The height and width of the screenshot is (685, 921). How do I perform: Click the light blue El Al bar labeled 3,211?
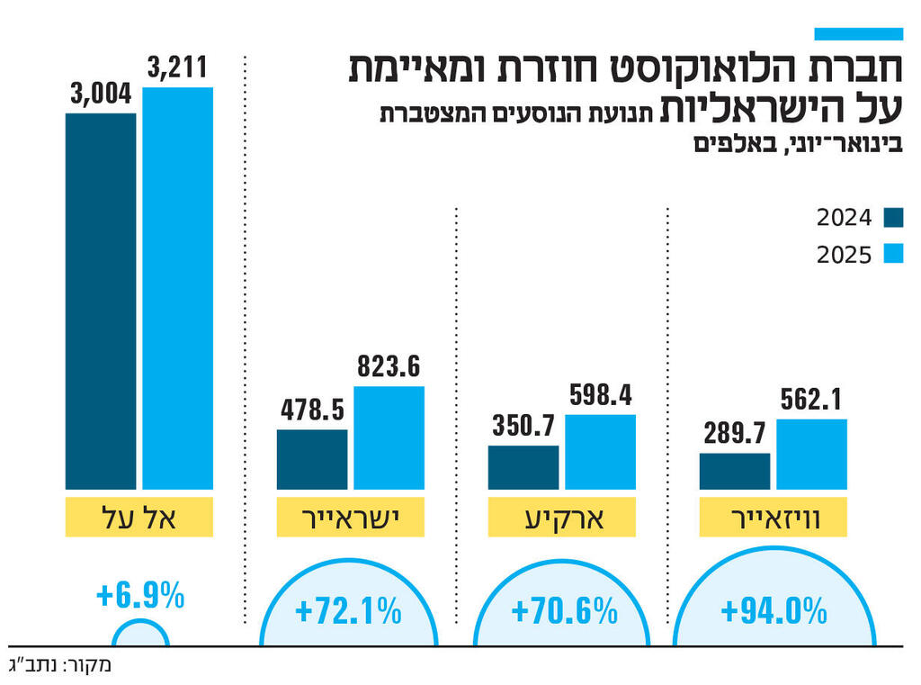pyautogui.click(x=177, y=288)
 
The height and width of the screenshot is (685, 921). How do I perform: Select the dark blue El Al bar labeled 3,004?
pyautogui.click(x=101, y=301)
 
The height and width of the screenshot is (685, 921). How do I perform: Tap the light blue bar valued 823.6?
pyautogui.click(x=389, y=437)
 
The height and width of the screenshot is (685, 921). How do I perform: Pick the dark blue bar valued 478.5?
pyautogui.click(x=312, y=459)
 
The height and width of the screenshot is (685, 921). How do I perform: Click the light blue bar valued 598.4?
pyautogui.click(x=600, y=452)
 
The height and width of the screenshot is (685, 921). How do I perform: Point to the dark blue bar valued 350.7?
pyautogui.click(x=523, y=467)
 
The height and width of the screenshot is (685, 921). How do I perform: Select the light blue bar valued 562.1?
pyautogui.click(x=811, y=454)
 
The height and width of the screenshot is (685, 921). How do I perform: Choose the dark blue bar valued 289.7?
pyautogui.click(x=735, y=471)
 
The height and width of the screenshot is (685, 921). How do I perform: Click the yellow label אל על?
pyautogui.click(x=139, y=517)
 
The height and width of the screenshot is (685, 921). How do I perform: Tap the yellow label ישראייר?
pyautogui.click(x=350, y=517)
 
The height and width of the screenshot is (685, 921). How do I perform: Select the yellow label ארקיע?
pyautogui.click(x=561, y=517)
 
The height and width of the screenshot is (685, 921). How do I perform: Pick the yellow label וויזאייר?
pyautogui.click(x=773, y=517)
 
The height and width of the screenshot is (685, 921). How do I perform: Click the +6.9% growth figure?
pyautogui.click(x=139, y=595)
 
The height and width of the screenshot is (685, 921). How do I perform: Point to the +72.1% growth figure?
pyautogui.click(x=348, y=612)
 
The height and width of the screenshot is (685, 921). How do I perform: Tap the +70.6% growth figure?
pyautogui.click(x=564, y=612)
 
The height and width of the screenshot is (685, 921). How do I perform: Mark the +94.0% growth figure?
pyautogui.click(x=773, y=612)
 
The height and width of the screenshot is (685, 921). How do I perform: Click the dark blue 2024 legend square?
pyautogui.click(x=892, y=218)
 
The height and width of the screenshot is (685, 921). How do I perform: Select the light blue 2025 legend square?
pyautogui.click(x=892, y=254)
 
